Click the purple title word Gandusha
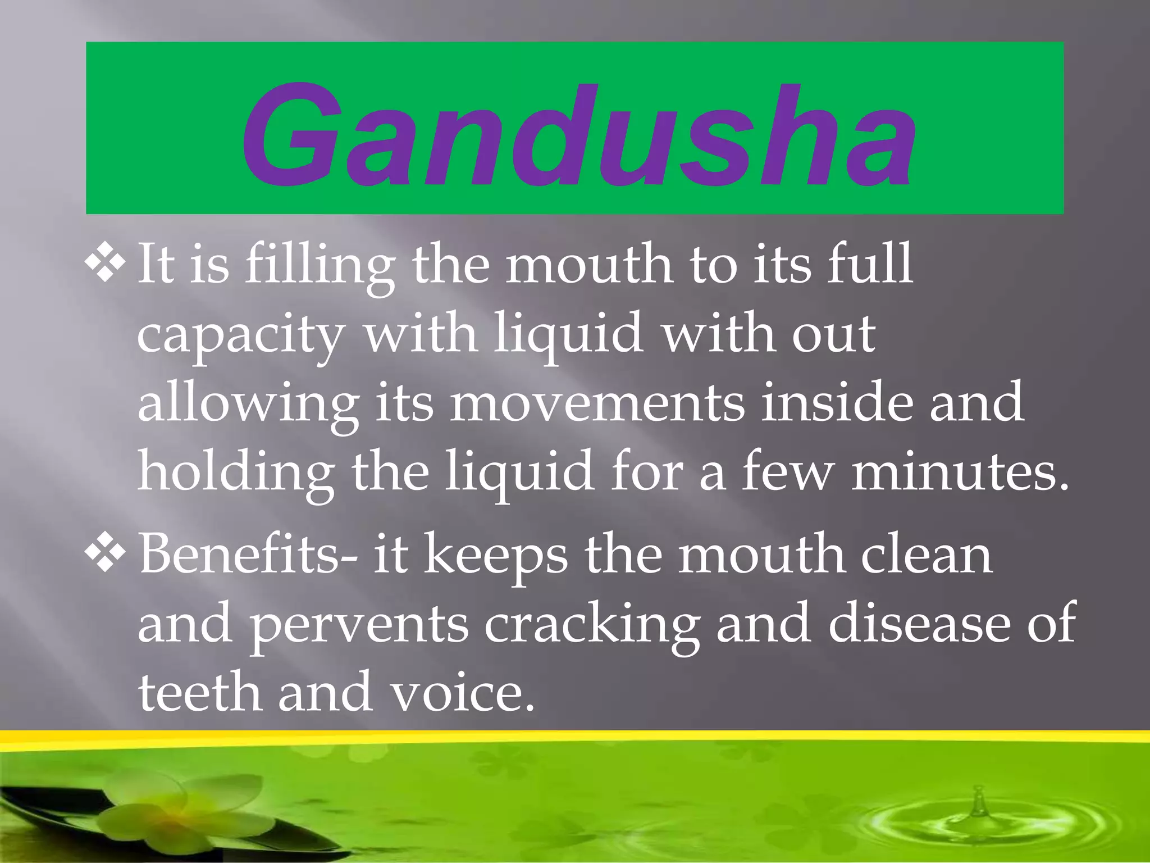point(578,135)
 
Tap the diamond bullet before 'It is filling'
point(105,262)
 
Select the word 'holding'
point(236,473)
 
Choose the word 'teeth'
point(200,692)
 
